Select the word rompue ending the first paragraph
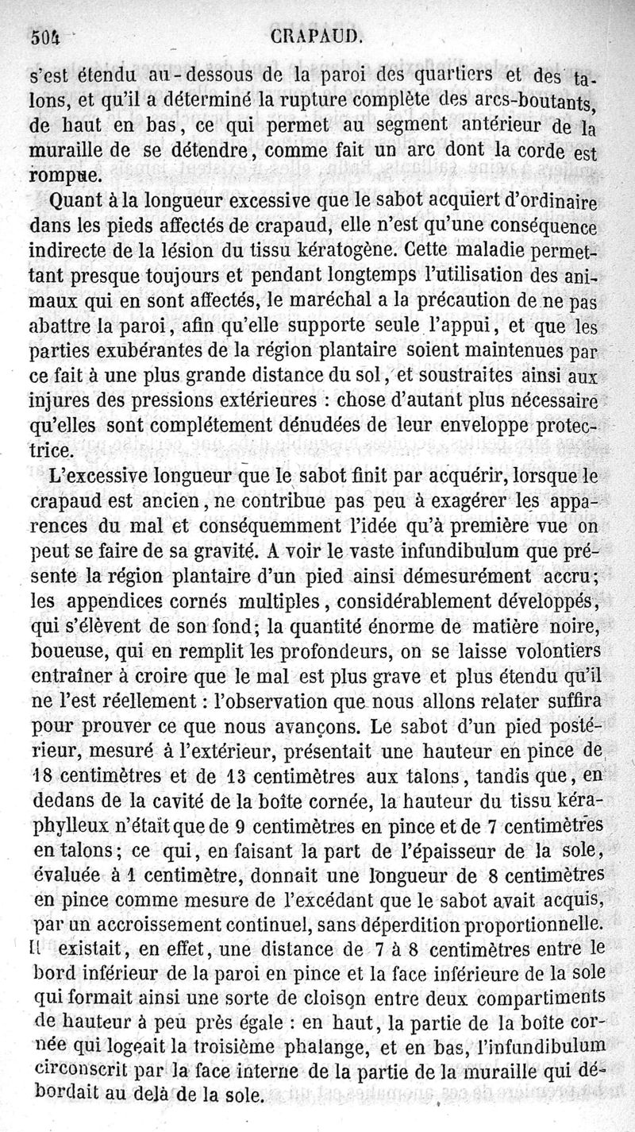click(65, 174)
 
